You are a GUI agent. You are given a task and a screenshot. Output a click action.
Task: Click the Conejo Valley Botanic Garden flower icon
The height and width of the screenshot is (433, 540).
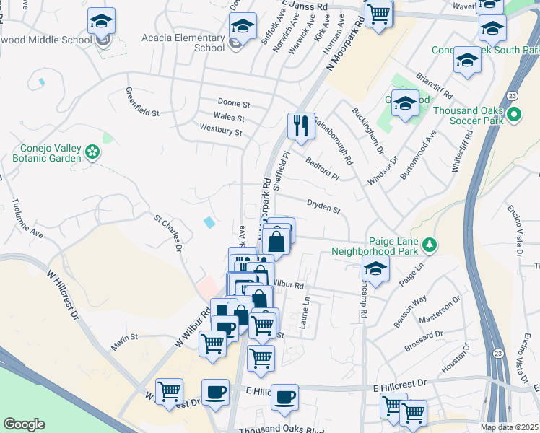[92, 152]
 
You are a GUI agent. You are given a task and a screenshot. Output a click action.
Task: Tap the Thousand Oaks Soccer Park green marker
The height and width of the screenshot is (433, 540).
[514, 115]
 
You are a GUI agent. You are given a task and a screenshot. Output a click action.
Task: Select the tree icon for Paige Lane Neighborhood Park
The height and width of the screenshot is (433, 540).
[430, 245]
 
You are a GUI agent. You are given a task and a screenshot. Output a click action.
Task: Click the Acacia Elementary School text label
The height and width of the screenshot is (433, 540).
[193, 43]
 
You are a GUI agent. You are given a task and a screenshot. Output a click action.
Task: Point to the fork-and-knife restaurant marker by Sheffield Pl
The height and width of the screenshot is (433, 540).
[301, 126]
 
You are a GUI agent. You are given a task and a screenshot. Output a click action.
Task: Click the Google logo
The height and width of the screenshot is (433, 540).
[24, 424]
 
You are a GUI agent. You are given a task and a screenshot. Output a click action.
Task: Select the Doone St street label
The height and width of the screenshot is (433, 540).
[234, 104]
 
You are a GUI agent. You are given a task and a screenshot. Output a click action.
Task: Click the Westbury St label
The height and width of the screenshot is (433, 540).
[221, 133]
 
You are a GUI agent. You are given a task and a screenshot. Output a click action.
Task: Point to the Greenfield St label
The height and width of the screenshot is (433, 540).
[141, 102]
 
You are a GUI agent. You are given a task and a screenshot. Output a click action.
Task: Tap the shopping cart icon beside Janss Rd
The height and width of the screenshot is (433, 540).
[378, 13]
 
